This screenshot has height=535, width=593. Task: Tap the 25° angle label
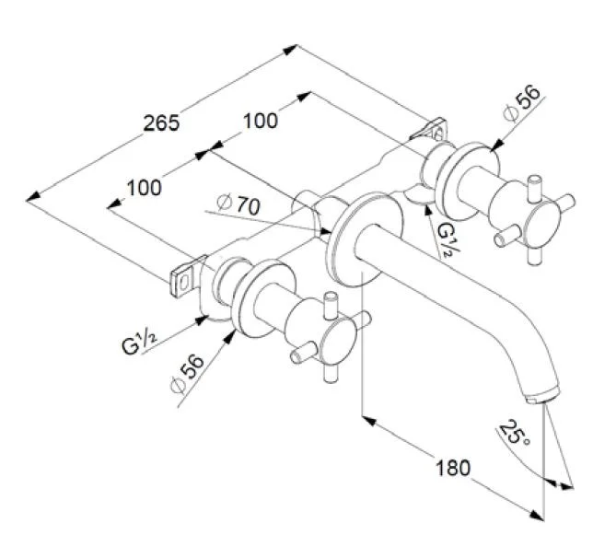pyautogui.click(x=513, y=434)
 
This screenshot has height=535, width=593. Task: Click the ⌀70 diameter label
pyautogui.click(x=238, y=205)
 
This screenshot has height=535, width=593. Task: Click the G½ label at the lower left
pyautogui.click(x=139, y=343)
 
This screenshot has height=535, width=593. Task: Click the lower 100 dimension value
pyautogui.click(x=144, y=188)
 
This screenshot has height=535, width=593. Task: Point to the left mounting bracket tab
pyautogui.click(x=185, y=277)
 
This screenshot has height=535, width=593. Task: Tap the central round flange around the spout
pyautogui.click(x=368, y=238)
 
